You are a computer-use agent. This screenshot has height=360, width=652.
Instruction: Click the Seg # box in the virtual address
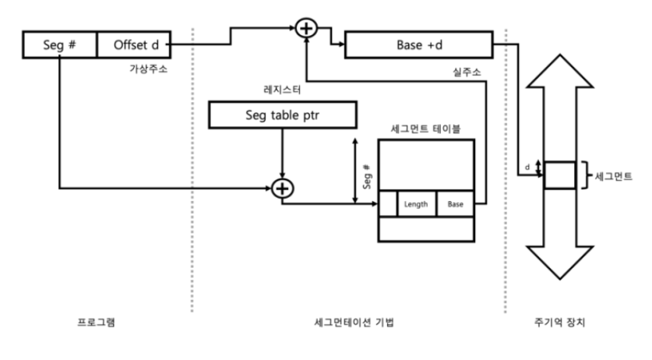[x=60, y=45]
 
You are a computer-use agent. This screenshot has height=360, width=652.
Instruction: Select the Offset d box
[x=132, y=45]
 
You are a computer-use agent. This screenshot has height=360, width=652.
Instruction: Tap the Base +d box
[x=419, y=45]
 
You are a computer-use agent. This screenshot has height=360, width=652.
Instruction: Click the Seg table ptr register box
[x=283, y=117]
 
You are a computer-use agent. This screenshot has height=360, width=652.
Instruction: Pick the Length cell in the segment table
[x=416, y=203]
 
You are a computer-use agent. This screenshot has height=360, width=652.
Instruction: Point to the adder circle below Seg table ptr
[x=282, y=188]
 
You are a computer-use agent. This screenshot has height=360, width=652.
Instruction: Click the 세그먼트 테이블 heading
[x=425, y=129]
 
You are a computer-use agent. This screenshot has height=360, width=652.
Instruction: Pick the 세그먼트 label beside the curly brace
[x=613, y=175]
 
